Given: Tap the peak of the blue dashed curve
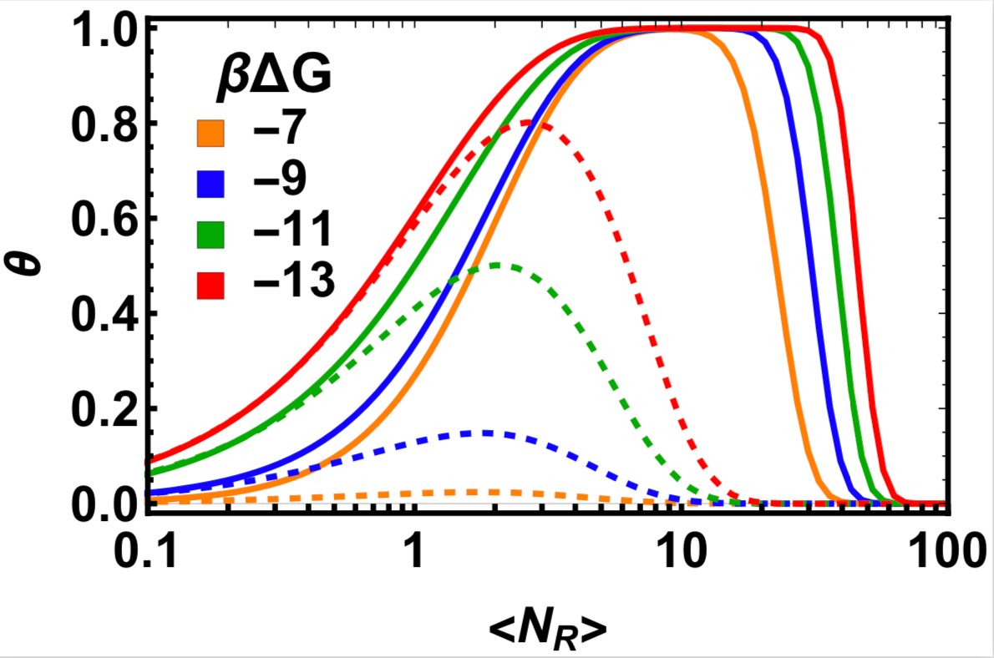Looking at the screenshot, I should click(484, 433).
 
